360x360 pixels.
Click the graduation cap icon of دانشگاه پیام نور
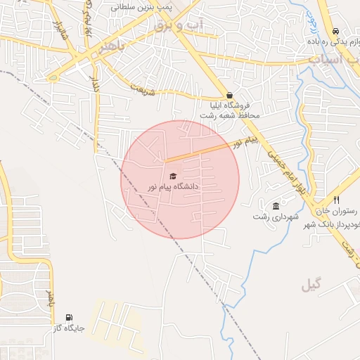[173, 176]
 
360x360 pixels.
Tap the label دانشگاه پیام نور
[173, 187]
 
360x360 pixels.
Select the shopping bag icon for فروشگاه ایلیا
[229, 95]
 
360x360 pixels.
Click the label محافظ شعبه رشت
[230, 115]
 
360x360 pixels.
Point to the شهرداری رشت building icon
[275, 206]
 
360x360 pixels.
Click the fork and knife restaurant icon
[336, 200]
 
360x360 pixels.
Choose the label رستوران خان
[333, 212]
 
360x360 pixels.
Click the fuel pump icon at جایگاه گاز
[68, 318]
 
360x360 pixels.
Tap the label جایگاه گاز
[68, 328]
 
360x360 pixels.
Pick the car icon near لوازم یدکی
[336, 31]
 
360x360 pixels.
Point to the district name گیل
[311, 285]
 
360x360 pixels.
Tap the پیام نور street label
[247, 143]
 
